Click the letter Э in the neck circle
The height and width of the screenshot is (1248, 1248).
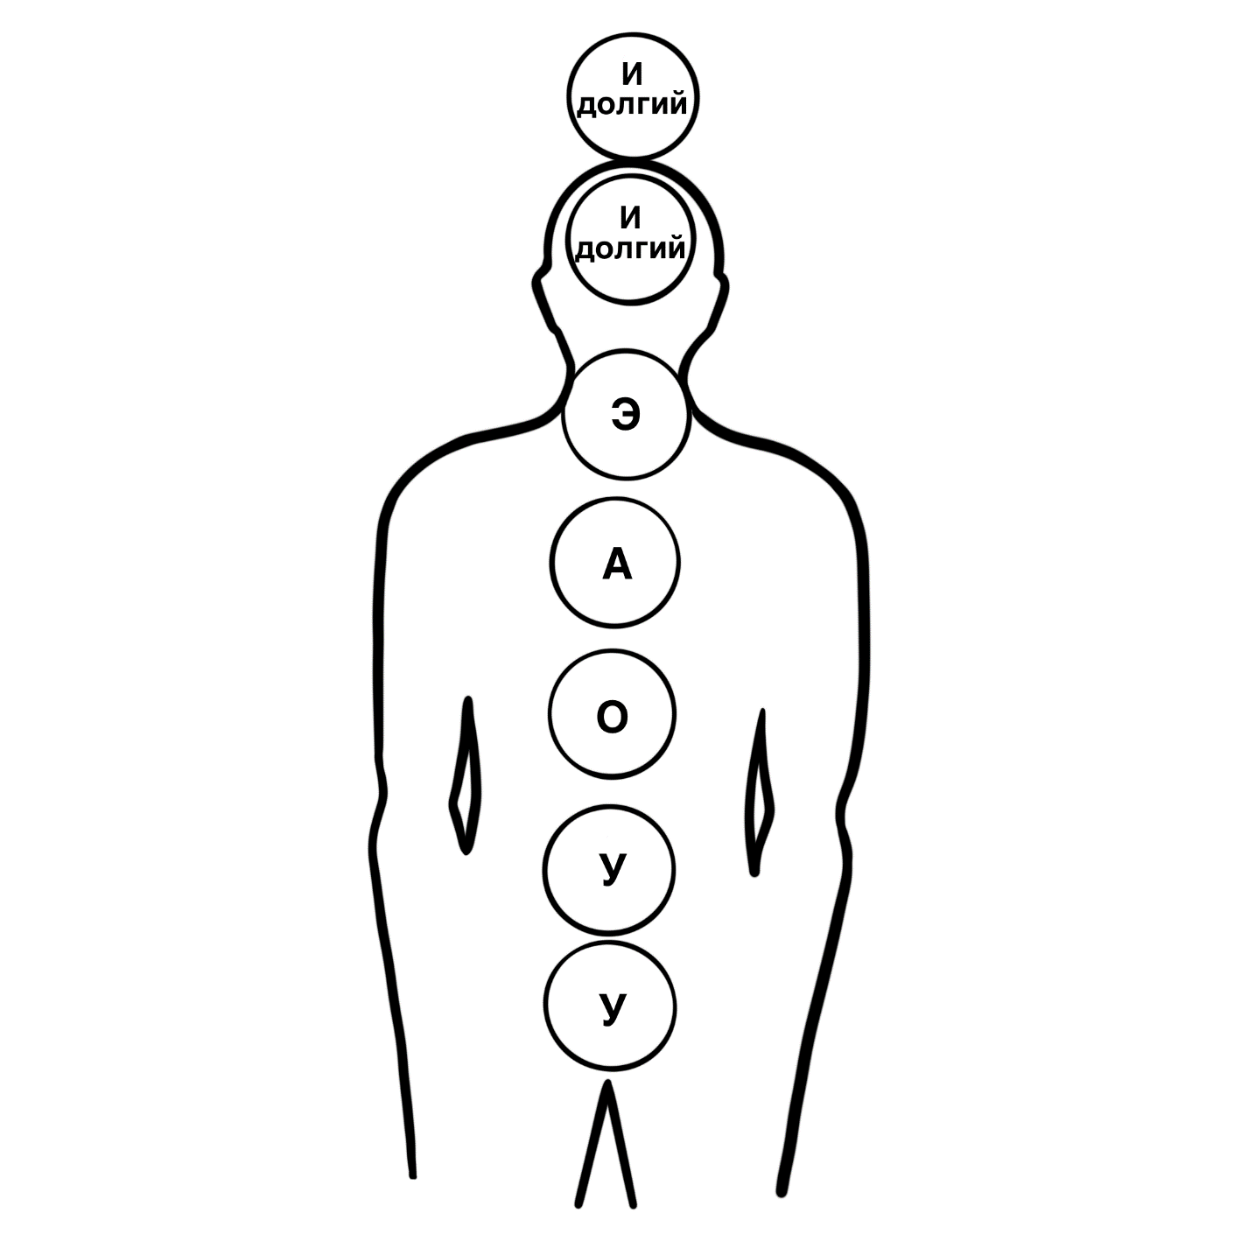tap(627, 415)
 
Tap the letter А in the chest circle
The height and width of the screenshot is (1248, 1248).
tap(616, 564)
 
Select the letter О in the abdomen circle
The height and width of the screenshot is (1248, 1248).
tap(612, 718)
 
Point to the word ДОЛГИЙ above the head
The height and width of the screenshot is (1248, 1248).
tap(632, 105)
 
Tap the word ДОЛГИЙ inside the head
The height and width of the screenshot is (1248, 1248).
tap(630, 249)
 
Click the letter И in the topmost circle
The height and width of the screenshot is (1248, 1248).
tap(632, 75)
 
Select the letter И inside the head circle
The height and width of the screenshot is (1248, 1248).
tap(630, 219)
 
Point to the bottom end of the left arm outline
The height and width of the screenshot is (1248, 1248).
tap(413, 1174)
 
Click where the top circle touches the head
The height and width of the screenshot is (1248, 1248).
tap(633, 159)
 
